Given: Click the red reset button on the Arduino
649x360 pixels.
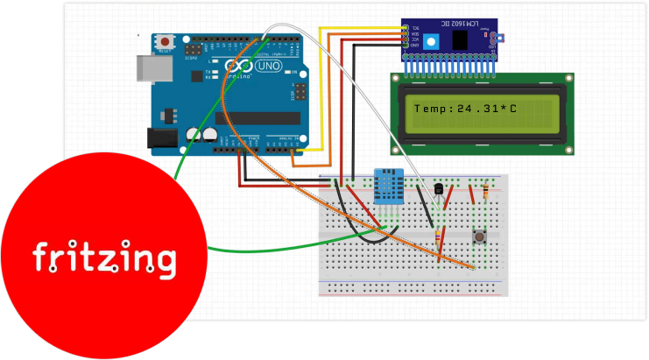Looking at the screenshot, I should [x=166, y=41].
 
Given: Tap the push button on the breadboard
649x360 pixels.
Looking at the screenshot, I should [x=480, y=237].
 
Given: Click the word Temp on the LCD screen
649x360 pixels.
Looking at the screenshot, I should [x=430, y=109].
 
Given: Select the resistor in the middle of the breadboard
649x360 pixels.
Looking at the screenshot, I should [x=437, y=238].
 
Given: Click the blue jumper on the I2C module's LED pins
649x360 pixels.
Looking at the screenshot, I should [x=496, y=39].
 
